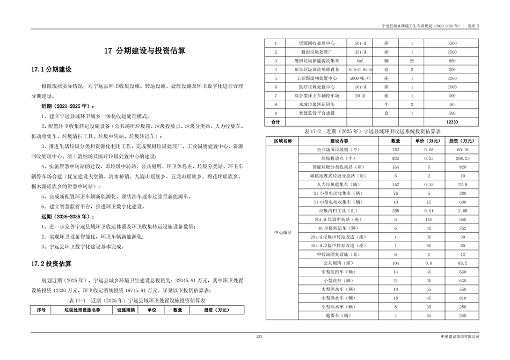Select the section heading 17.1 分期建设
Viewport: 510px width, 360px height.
point(52,70)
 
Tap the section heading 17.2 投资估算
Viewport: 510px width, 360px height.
point(52,264)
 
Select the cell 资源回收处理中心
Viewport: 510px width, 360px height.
point(317,42)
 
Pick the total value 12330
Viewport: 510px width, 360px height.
point(452,122)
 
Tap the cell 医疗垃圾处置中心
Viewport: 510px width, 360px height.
point(317,86)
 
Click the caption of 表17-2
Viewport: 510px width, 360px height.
point(372,130)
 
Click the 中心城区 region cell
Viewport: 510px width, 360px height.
point(282,232)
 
